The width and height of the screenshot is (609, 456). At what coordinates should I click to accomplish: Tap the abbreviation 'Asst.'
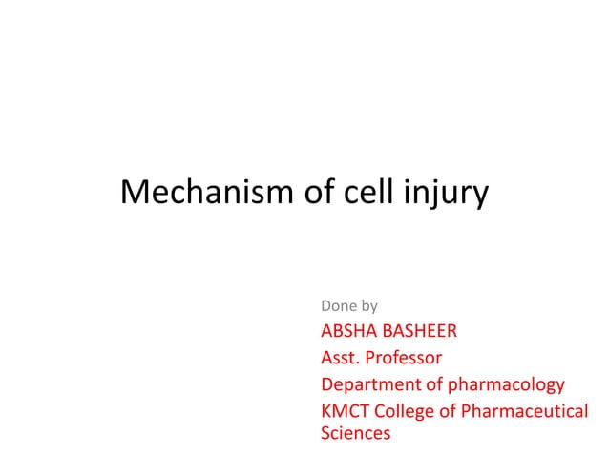point(339,359)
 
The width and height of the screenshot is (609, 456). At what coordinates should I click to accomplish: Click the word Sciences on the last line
point(355,434)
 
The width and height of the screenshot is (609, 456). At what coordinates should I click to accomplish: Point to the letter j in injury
point(424,197)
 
